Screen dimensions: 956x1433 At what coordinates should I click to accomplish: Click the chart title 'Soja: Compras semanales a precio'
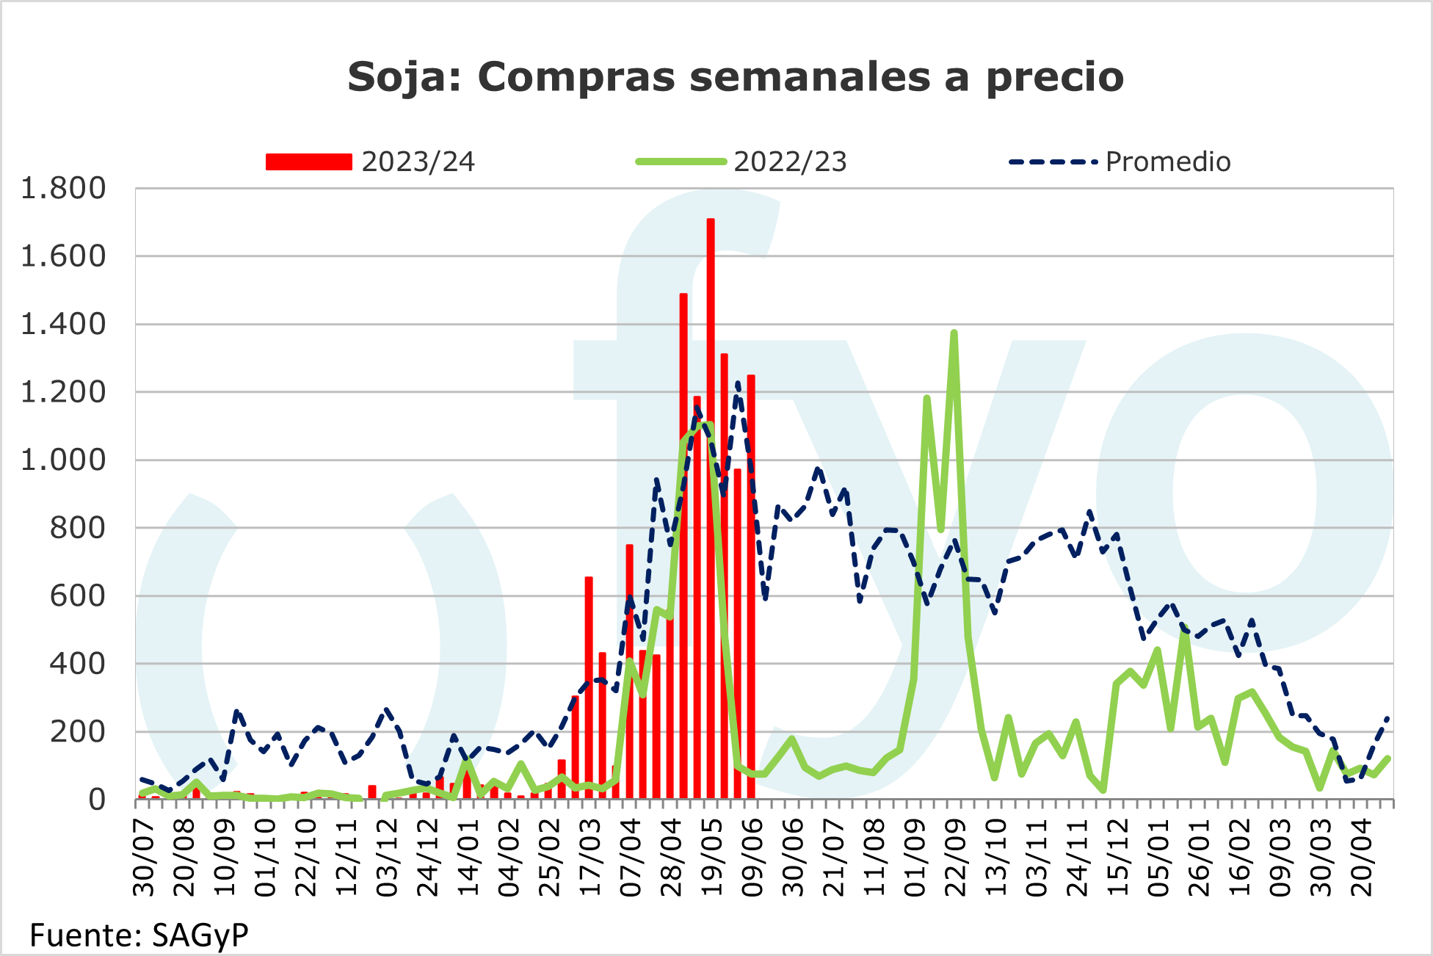point(735,77)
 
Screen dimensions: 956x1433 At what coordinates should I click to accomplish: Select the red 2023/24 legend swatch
point(308,162)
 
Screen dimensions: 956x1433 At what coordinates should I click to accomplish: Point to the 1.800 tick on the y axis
point(63,189)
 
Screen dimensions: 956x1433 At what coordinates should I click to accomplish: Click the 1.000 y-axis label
point(63,460)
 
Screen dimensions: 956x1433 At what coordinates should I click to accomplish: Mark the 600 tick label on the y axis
point(77,595)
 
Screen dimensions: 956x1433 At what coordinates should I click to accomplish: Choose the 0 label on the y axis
point(97,800)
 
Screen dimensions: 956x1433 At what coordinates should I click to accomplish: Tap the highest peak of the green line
point(954,333)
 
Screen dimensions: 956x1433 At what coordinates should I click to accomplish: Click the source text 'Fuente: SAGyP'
point(139,935)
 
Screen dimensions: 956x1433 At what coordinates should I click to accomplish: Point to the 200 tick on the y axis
point(77,732)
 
